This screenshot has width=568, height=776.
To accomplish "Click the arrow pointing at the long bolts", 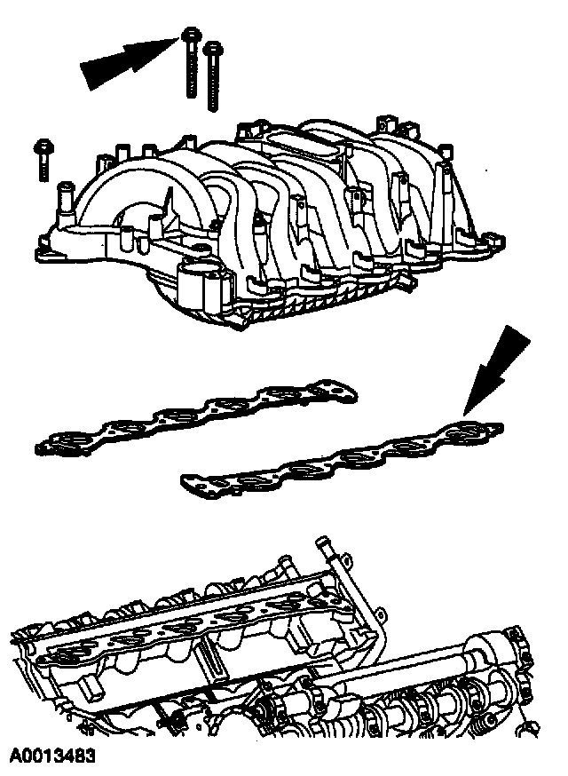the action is [129, 61].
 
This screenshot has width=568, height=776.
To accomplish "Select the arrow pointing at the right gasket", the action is [497, 368].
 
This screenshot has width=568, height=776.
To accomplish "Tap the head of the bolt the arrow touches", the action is [192, 35].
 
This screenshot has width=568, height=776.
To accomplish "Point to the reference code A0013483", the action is [53, 756].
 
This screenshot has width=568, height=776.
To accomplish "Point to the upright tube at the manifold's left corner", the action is [65, 200].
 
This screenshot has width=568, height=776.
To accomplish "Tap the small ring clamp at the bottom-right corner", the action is [527, 727].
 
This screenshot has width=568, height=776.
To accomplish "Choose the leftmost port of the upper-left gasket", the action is [69, 440].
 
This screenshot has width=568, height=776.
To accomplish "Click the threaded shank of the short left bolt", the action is [43, 167].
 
